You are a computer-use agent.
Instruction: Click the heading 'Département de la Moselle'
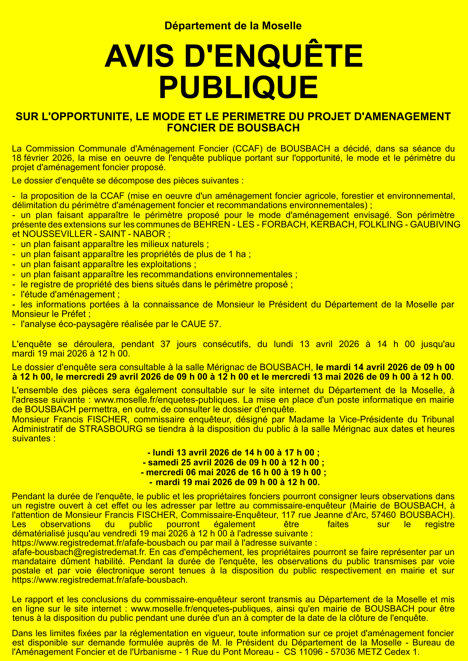[233, 26]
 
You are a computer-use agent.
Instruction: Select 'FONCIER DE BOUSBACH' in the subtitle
[233, 128]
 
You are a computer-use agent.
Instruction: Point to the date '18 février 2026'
[42, 158]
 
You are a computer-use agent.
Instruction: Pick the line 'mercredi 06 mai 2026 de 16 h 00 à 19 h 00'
[233, 472]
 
